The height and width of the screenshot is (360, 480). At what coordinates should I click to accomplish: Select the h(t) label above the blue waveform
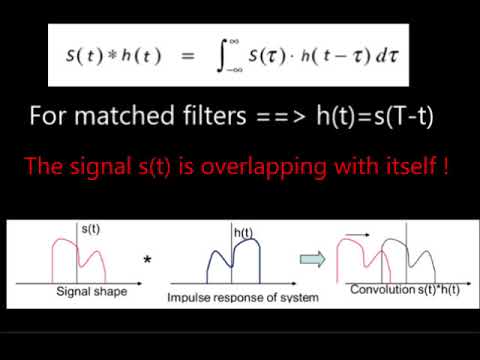[x=244, y=233]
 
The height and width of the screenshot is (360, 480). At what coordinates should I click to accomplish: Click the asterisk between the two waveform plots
[x=148, y=261]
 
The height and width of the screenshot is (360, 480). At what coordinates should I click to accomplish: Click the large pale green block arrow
[x=315, y=260]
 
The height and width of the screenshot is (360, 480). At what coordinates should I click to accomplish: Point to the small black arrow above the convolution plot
[x=356, y=236]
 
